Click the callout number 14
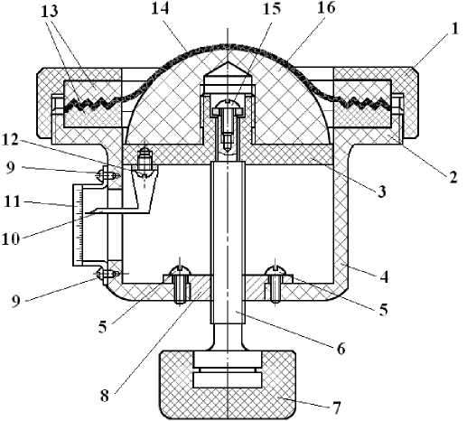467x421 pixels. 160,8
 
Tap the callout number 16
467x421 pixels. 326,8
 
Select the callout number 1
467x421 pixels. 454,29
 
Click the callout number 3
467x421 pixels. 381,191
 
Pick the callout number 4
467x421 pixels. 384,276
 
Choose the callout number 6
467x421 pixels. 341,349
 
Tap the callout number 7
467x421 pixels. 336,407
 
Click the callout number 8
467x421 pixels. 105,396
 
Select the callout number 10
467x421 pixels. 11,239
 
